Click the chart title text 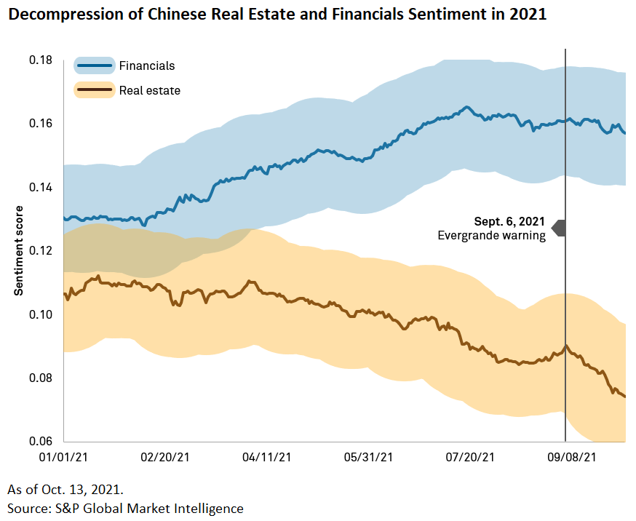(x=277, y=15)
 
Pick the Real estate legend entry (x=149, y=91)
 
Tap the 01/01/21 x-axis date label (x=64, y=458)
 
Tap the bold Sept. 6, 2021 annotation (x=509, y=222)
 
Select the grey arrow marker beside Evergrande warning (x=558, y=228)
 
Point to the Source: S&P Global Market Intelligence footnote (x=125, y=508)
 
